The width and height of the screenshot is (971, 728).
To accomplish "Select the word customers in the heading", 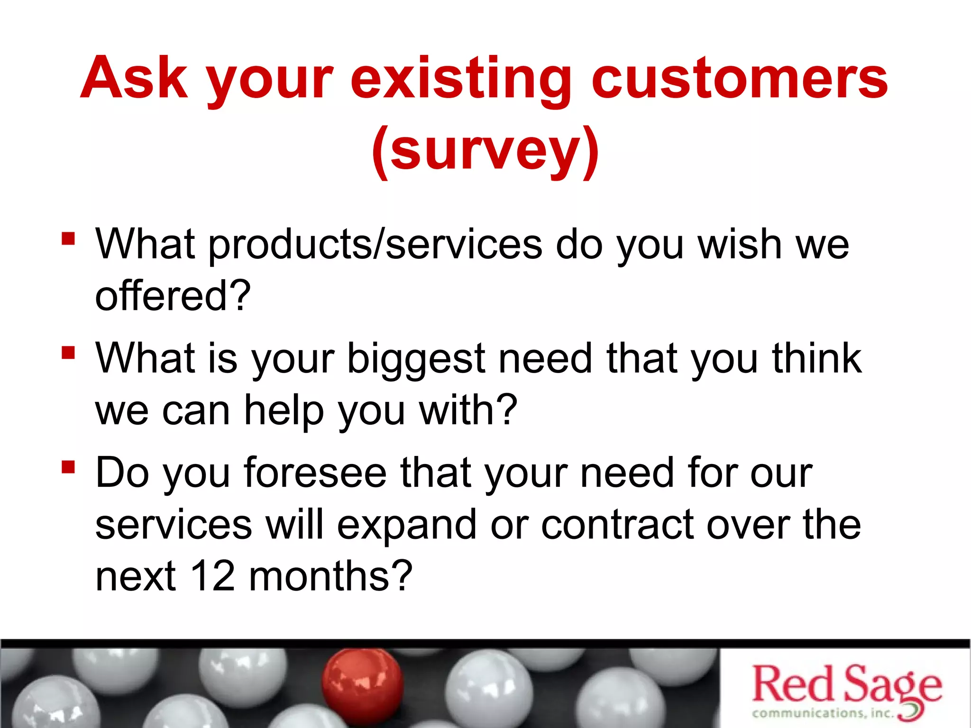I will pyautogui.click(x=740, y=78).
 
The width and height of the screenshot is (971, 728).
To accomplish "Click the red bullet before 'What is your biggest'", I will pyautogui.click(x=68, y=353).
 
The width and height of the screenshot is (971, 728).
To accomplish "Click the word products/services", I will pyautogui.click(x=375, y=245).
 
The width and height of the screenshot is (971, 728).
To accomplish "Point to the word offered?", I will pyautogui.click(x=173, y=296).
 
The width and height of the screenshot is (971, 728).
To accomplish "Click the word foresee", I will pyautogui.click(x=315, y=473).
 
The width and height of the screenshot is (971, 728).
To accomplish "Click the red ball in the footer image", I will pyautogui.click(x=363, y=682).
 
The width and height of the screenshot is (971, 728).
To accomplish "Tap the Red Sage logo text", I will pyautogui.click(x=846, y=684).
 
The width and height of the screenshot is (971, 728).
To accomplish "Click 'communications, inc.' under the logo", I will pyautogui.click(x=823, y=713).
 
